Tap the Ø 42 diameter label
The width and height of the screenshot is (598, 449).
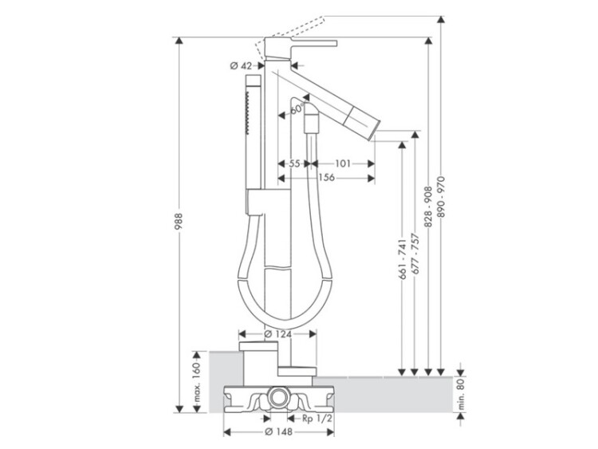(241, 65)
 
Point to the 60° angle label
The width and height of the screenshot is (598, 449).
(297, 108)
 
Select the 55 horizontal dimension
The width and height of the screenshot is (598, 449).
(294, 163)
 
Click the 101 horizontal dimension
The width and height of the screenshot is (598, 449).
(343, 163)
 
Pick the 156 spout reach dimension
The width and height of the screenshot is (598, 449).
(327, 177)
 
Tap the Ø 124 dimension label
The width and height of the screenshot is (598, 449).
(277, 334)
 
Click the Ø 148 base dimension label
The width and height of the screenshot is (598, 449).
(278, 431)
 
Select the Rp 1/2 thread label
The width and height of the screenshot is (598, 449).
(317, 419)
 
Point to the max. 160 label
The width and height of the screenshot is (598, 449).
(196, 382)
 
